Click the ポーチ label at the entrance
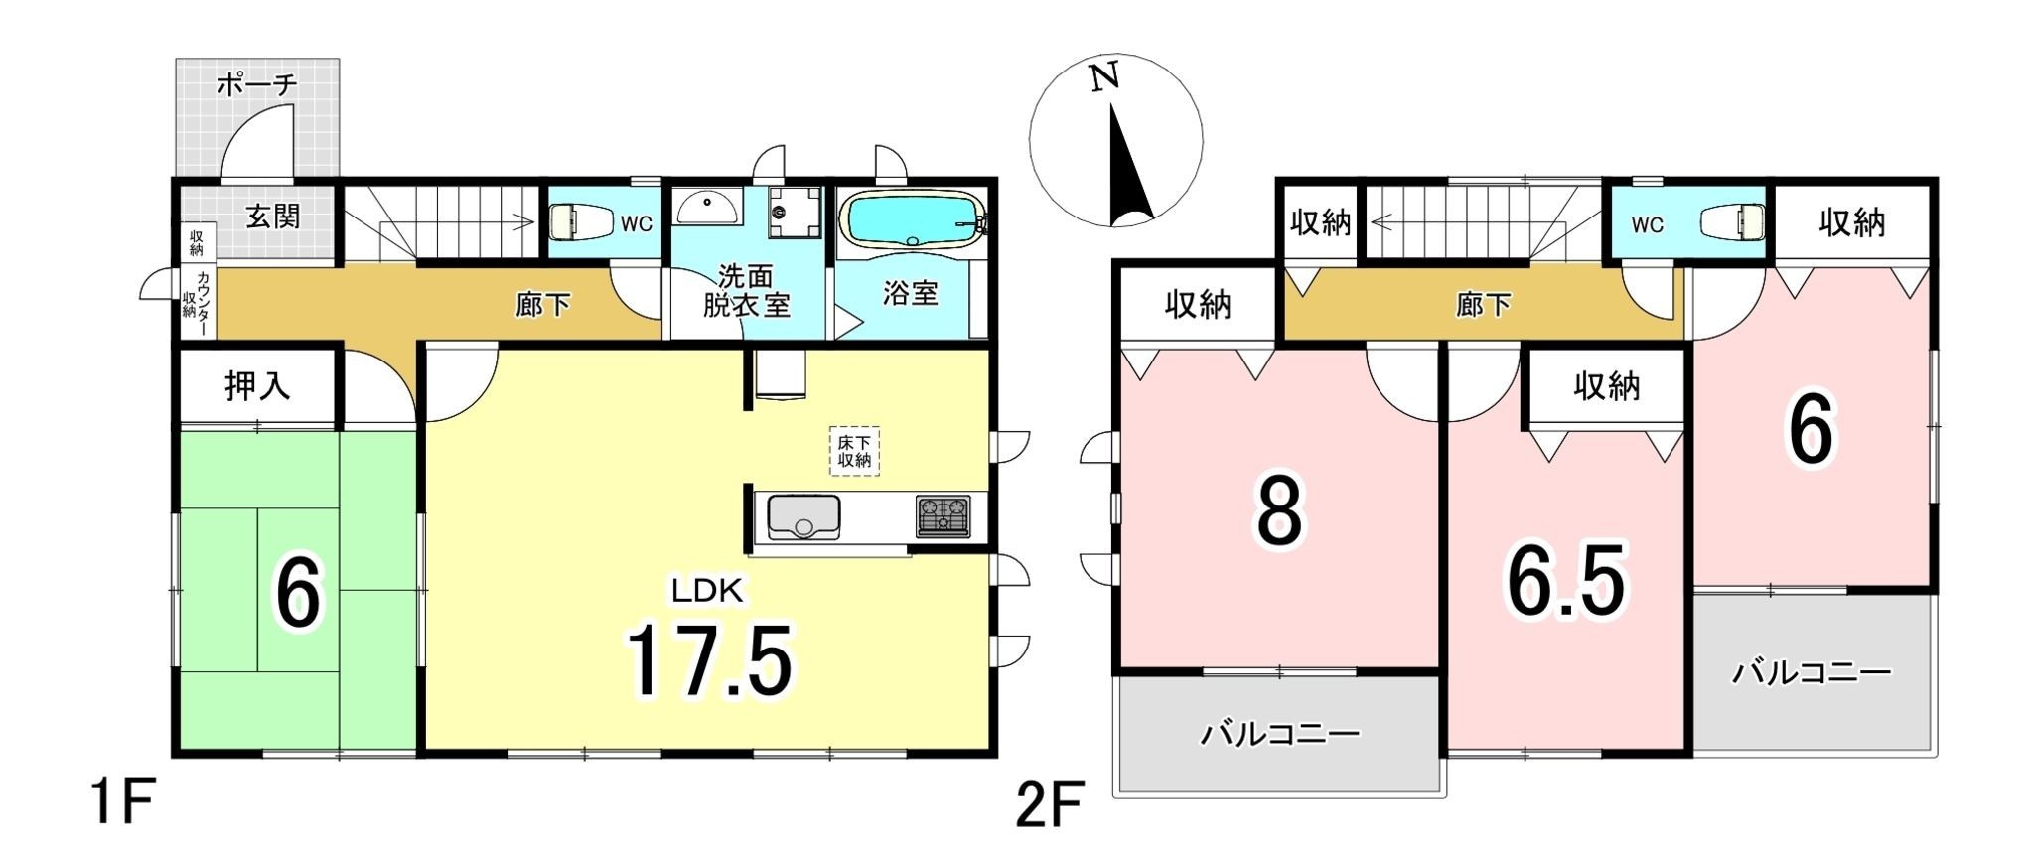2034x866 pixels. point(256,85)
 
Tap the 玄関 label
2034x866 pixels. point(273,216)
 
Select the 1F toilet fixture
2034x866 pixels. point(573,221)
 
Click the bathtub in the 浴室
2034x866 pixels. point(912,218)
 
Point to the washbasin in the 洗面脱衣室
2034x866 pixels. point(707,206)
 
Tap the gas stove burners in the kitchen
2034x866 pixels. point(943,517)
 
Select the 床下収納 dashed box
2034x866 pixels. point(854,452)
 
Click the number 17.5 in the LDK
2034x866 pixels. point(709,659)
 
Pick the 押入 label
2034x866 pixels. point(258,385)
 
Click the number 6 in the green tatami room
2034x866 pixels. point(299,593)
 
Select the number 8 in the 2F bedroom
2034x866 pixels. point(1279,511)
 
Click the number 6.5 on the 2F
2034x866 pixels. point(1566,581)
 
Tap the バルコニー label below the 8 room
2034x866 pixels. point(1279,735)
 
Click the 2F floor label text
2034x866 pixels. point(1048,805)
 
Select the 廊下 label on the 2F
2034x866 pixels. point(1484,305)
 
